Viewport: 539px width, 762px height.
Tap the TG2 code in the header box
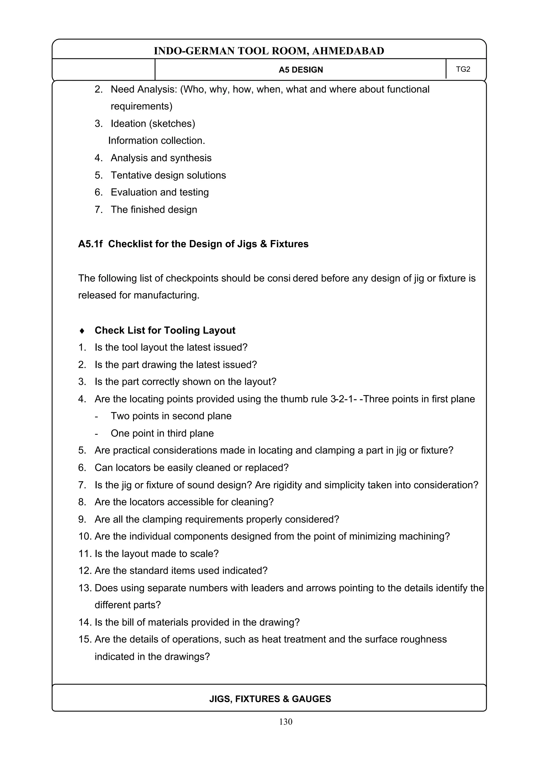tap(463, 69)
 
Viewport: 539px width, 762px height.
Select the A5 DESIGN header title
tap(301, 70)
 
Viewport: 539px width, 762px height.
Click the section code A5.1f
tap(90, 244)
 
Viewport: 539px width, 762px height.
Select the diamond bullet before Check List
tap(82, 331)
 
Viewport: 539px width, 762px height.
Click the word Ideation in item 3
tap(128, 124)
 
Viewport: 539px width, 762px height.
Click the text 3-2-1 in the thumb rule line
tap(343, 399)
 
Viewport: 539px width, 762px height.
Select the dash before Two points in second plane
tap(96, 416)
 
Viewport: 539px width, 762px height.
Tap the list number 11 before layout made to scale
tap(85, 553)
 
